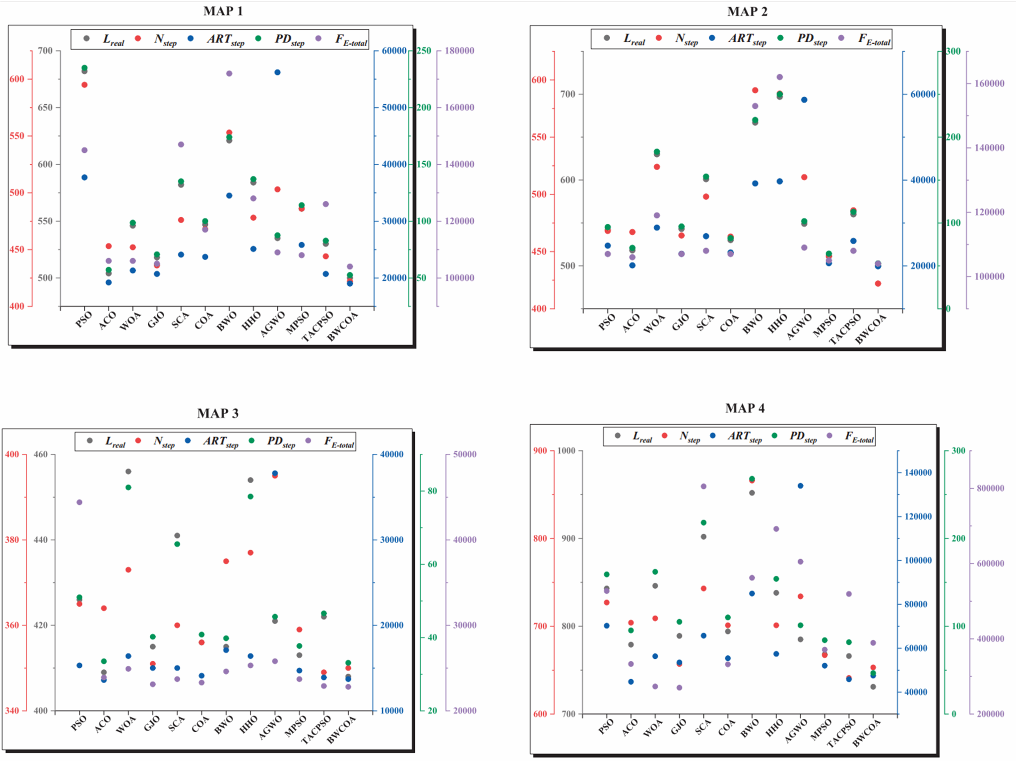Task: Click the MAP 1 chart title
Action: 223,11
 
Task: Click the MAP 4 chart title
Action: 745,408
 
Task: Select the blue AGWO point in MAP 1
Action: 277,72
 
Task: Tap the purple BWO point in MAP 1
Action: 229,73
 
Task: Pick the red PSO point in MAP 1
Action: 84,85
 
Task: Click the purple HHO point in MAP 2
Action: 779,77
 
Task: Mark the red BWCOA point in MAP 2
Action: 878,284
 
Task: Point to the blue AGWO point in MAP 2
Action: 804,100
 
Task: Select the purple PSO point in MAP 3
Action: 79,502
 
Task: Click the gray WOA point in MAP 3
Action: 128,471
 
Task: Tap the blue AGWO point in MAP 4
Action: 800,486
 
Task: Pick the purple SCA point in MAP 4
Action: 703,486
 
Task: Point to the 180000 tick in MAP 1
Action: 459,51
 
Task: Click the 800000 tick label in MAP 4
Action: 990,488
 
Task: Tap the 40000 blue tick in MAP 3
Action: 391,454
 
